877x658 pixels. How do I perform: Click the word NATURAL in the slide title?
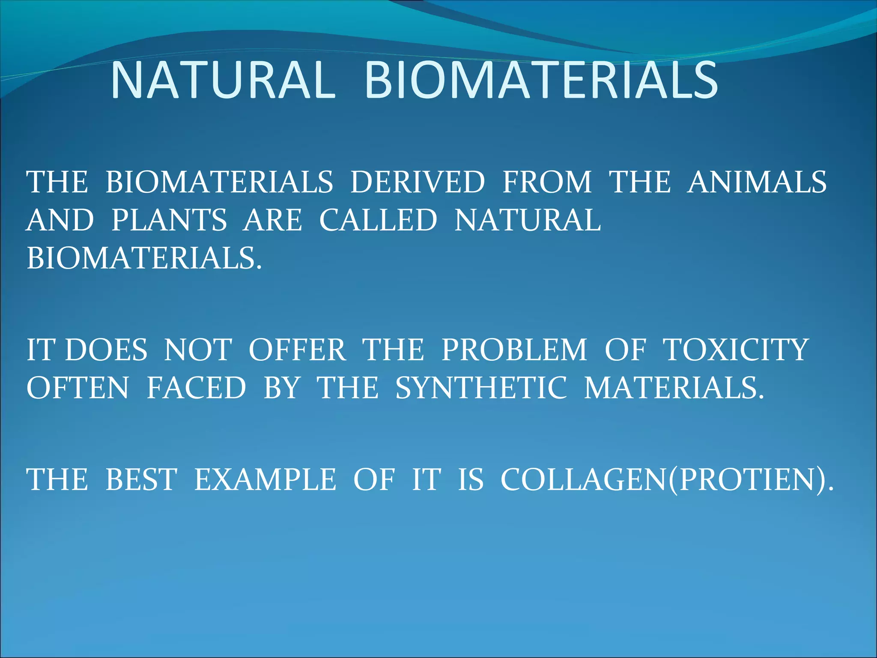(x=223, y=80)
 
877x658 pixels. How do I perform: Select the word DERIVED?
(x=418, y=182)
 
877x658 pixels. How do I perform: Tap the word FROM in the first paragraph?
(x=547, y=182)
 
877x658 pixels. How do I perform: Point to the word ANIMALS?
(x=757, y=182)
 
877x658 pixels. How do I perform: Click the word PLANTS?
(x=169, y=220)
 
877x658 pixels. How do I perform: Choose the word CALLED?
(x=378, y=220)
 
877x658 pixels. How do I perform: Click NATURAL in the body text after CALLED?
(x=528, y=220)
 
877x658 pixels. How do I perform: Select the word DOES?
(x=106, y=350)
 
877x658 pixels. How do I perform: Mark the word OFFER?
(x=297, y=350)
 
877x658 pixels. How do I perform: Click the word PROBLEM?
(x=514, y=350)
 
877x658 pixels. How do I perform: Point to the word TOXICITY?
(x=736, y=350)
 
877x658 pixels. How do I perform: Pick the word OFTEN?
(x=78, y=388)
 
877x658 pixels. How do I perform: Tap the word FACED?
(x=196, y=388)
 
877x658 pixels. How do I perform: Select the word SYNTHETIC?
(x=481, y=388)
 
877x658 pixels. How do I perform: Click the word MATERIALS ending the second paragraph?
(x=674, y=388)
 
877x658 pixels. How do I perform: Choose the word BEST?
(x=141, y=479)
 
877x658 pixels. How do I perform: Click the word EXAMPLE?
(x=265, y=479)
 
